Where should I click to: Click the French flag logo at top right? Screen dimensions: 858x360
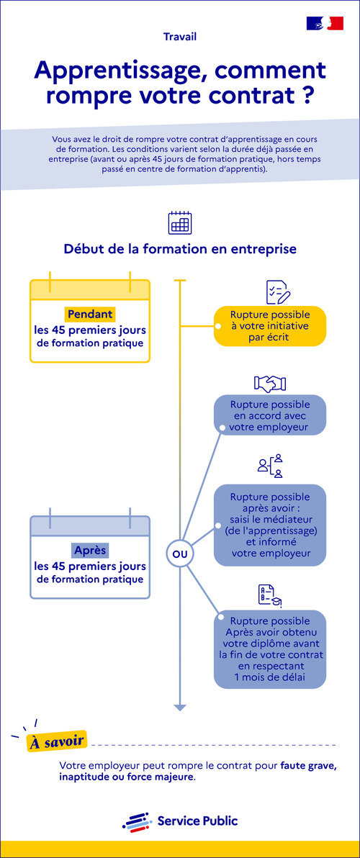[325, 23]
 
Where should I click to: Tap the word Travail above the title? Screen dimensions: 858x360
[179, 36]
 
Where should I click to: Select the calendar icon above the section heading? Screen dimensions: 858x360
[179, 223]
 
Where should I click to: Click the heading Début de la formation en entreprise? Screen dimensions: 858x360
[179, 249]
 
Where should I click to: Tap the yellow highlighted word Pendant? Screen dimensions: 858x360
[90, 314]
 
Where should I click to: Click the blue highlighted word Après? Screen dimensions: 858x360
[90, 550]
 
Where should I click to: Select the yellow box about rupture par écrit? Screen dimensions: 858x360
[270, 325]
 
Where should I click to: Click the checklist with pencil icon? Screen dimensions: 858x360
[277, 292]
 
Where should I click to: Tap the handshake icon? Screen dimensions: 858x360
[270, 383]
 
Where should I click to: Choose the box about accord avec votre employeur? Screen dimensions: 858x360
[270, 415]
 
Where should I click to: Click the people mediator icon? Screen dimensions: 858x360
[270, 466]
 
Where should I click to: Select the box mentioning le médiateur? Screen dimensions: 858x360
[270, 525]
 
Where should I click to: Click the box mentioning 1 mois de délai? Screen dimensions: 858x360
[270, 649]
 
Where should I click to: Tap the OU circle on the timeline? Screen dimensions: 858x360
[180, 554]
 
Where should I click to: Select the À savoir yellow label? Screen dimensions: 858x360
[57, 741]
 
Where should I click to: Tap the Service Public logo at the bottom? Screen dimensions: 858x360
[179, 821]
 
